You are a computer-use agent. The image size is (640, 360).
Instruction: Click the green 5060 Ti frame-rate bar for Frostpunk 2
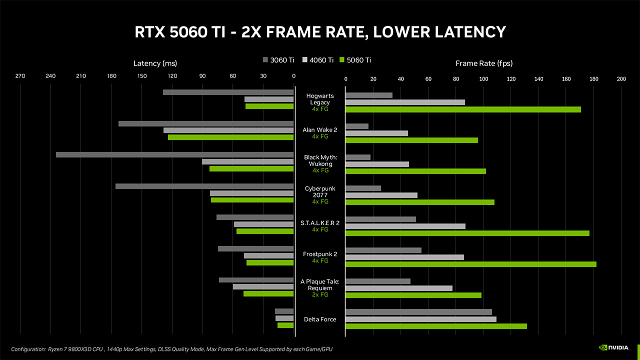(470, 264)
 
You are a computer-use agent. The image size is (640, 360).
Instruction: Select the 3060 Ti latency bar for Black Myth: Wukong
(174, 154)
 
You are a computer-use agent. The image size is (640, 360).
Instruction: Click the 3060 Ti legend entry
(279, 60)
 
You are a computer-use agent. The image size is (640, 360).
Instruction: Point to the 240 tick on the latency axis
(50, 76)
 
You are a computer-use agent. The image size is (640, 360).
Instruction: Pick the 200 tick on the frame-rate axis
(621, 79)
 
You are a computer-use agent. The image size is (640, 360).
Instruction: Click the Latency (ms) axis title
(155, 63)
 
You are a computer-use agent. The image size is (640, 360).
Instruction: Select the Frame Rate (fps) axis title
(484, 63)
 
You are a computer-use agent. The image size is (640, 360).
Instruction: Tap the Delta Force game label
(320, 319)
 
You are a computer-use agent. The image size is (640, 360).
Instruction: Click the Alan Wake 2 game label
(320, 129)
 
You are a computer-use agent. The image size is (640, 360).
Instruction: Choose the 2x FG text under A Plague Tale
(320, 294)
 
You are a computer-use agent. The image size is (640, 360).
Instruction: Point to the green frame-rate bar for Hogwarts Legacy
(463, 109)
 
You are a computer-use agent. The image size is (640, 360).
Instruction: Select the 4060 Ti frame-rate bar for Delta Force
(420, 319)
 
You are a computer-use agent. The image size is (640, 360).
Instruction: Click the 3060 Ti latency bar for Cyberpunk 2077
(204, 186)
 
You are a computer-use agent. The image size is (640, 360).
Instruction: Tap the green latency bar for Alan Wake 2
(230, 137)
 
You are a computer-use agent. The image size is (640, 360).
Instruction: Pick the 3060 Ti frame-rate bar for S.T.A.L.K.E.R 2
(380, 219)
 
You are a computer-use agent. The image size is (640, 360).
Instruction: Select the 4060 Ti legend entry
(318, 60)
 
